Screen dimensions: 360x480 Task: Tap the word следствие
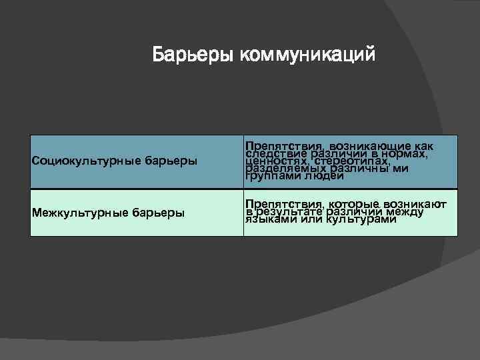tap(271, 153)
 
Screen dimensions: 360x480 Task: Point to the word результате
tap(289, 211)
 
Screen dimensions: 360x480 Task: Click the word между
tap(404, 211)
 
